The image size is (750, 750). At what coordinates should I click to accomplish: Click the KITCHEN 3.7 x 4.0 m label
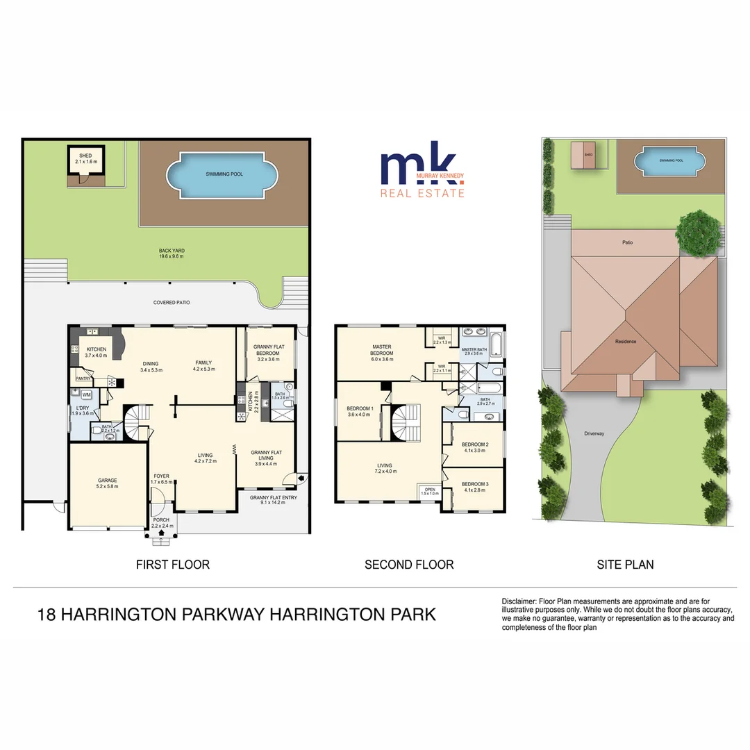(x=96, y=352)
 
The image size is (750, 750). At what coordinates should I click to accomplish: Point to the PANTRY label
(x=84, y=378)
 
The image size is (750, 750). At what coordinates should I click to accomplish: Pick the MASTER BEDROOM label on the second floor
(x=382, y=350)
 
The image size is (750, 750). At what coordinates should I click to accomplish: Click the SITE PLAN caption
(x=625, y=565)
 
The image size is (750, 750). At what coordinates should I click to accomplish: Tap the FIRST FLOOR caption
(x=173, y=565)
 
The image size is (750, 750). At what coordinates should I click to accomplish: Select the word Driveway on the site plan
(x=594, y=433)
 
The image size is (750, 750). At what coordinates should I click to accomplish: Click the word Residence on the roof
(x=626, y=341)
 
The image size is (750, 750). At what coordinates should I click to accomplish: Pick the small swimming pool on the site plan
(x=671, y=161)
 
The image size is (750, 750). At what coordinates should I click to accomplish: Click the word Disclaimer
(x=519, y=601)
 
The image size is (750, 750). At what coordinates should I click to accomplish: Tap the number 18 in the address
(x=47, y=615)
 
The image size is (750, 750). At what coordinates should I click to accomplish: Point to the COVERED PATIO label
(x=172, y=303)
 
